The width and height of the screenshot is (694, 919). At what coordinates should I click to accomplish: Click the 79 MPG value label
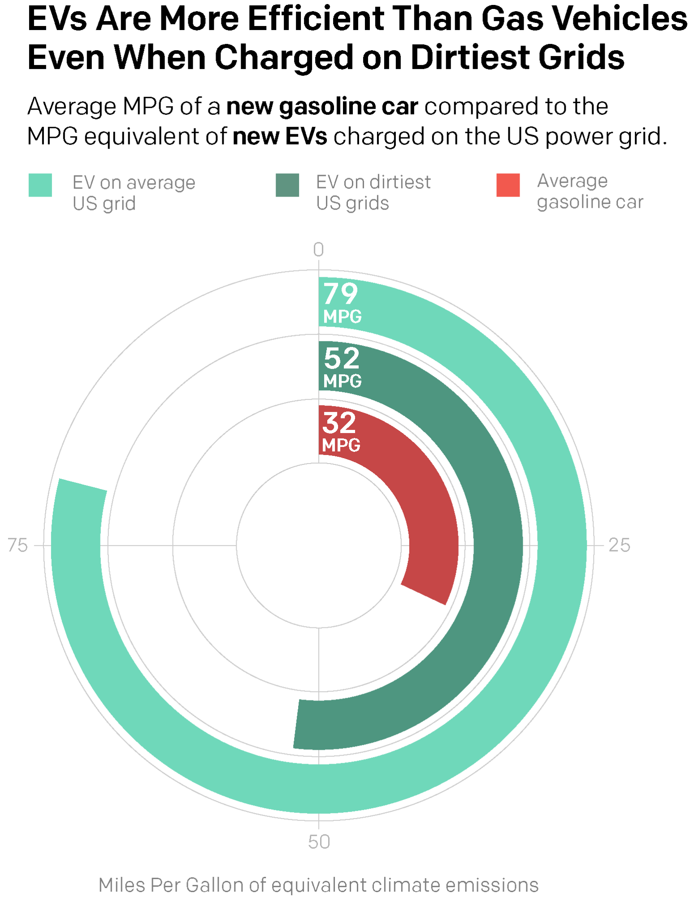(x=342, y=302)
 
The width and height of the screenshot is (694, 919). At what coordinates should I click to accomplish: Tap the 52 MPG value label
(x=342, y=367)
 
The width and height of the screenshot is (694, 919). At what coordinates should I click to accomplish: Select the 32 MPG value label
(x=341, y=431)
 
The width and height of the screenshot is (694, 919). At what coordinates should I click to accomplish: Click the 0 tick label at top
(x=318, y=250)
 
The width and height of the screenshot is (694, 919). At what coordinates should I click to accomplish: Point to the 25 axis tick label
(x=619, y=545)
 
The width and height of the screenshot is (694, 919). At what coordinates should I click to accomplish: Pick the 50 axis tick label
(x=319, y=842)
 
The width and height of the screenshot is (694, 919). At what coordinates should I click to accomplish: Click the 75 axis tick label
(x=18, y=545)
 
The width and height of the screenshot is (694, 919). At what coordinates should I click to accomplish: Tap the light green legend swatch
(x=40, y=185)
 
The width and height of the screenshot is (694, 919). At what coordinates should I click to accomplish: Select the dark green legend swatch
(x=287, y=185)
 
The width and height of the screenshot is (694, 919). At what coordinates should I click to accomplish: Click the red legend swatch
(x=508, y=185)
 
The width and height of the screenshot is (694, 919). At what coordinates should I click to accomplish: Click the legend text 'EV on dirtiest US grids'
(x=373, y=193)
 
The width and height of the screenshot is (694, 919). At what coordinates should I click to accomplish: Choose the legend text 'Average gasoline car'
(x=590, y=191)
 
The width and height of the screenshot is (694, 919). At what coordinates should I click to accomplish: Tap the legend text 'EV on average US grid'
(x=134, y=193)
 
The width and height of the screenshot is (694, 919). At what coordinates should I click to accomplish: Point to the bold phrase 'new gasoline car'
(x=322, y=107)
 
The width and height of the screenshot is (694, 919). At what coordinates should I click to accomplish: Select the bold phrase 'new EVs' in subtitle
(x=280, y=136)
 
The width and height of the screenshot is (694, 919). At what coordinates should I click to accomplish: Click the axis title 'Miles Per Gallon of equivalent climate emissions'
(x=318, y=885)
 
